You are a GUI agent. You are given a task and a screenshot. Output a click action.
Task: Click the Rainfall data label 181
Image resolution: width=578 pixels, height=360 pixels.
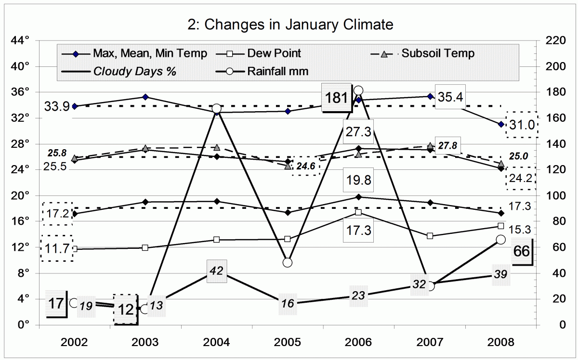click(336, 98)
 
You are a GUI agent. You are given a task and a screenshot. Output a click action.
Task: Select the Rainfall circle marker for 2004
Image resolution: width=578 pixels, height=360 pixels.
click(216, 109)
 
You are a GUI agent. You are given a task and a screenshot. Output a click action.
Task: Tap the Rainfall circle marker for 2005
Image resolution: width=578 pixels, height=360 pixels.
click(288, 262)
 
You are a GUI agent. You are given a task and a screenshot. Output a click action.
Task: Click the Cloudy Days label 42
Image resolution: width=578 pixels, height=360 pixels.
click(216, 271)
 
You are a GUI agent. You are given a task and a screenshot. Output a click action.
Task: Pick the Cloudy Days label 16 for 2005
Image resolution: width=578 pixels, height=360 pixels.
click(288, 304)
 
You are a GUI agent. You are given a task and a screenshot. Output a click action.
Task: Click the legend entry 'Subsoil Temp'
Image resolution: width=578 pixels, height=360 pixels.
click(438, 53)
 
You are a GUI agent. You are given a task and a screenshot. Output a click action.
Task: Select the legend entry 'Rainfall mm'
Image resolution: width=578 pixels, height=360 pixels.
click(277, 72)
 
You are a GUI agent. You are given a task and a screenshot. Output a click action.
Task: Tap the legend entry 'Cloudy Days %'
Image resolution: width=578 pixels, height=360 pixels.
click(134, 72)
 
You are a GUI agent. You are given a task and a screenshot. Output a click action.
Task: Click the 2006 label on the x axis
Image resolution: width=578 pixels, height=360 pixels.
click(359, 343)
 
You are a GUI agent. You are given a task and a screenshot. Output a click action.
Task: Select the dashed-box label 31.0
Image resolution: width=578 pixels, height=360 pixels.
click(522, 125)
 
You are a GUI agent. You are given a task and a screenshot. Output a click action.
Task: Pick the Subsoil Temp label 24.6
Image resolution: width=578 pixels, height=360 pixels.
click(306, 166)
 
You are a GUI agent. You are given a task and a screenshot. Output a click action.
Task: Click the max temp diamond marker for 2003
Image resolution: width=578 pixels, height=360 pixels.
click(145, 97)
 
